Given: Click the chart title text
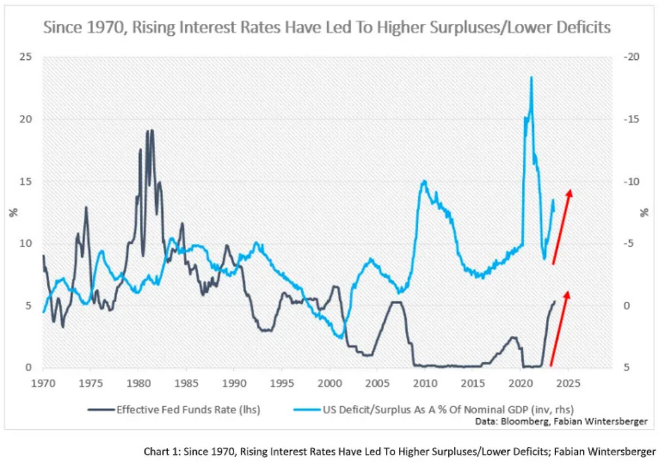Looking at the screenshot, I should pos(327,29).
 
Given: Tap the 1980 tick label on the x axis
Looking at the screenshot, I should pos(138,384).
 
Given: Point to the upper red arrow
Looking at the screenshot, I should pos(562,226).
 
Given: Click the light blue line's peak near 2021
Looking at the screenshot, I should pos(531,78).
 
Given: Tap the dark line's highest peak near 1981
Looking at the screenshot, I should pos(152,130).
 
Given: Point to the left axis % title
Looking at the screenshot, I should pos(13,213).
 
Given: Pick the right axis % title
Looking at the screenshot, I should pos(644,213).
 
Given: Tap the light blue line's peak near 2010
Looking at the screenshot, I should pos(424,181).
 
